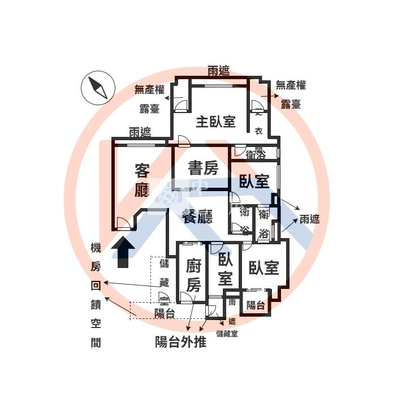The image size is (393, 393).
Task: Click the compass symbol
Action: tap(98, 89)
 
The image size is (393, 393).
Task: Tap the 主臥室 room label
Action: tap(215, 122)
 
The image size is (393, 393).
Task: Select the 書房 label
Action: tap(203, 168)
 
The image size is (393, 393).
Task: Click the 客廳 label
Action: tap(142, 179)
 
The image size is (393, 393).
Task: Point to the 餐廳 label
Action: tap(197, 215)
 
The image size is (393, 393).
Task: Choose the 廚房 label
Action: tap(193, 275)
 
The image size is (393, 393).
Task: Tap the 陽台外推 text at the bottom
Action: tap(181, 342)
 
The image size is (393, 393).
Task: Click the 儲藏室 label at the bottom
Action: tap(227, 334)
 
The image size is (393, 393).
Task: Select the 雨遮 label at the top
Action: tap(218, 71)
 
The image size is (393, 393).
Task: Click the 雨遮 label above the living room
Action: tap(140, 133)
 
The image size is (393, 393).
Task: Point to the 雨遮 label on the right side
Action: tap(309, 219)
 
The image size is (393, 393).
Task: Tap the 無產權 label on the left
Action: tap(149, 89)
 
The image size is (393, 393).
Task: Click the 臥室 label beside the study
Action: tap(253, 182)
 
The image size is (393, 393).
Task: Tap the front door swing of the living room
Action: tap(123, 223)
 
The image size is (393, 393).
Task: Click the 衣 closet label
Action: tap(258, 132)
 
